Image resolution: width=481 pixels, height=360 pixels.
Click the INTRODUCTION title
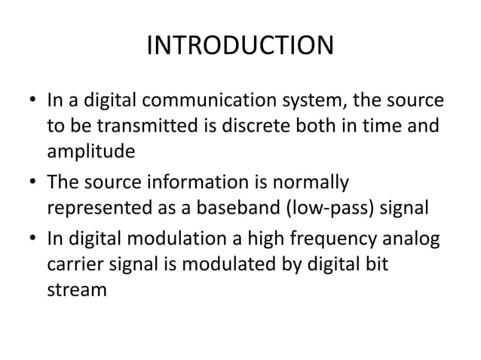pos(240,47)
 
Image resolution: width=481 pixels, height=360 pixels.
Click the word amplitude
pos(91,151)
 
